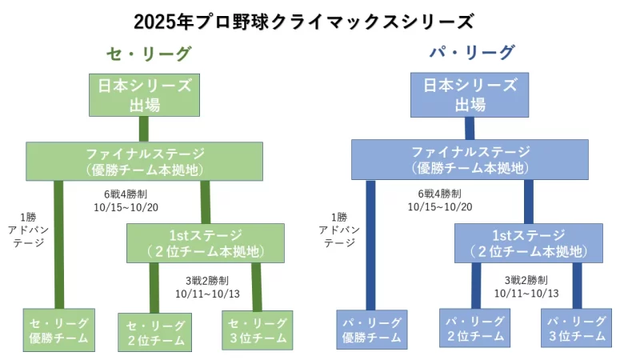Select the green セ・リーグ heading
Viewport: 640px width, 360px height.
click(149, 54)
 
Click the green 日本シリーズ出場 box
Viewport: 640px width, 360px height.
click(144, 94)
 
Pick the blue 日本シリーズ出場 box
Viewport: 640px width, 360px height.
click(470, 94)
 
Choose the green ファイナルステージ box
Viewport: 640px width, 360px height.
click(145, 160)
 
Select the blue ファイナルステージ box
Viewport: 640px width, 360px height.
click(470, 160)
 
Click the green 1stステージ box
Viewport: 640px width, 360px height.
click(206, 243)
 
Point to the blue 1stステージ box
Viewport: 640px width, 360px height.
click(529, 243)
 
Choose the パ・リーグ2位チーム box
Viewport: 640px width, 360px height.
click(474, 328)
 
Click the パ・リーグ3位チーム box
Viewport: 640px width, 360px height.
click(577, 328)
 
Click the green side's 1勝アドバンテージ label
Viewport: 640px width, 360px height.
click(30, 230)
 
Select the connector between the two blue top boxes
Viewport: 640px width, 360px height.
click(470, 129)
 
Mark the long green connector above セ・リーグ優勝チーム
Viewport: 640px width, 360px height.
click(58, 244)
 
